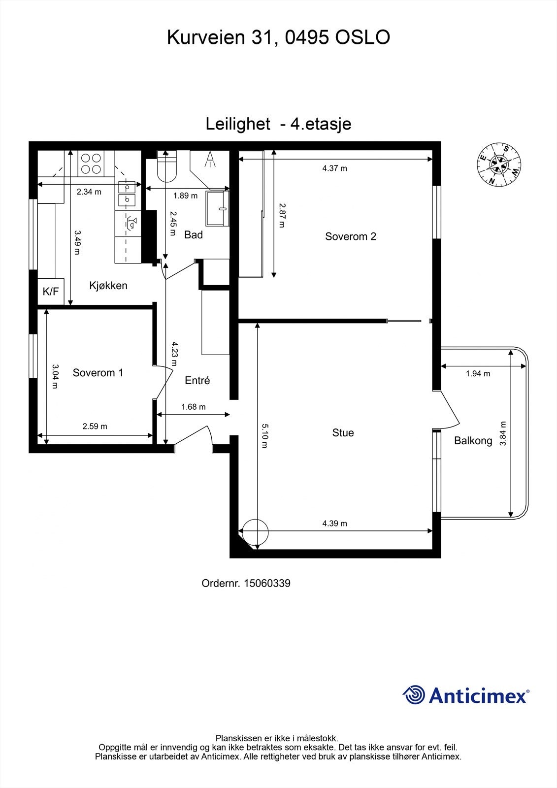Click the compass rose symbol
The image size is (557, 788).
pyautogui.click(x=499, y=164)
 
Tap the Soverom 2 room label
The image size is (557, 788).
pyautogui.click(x=351, y=236)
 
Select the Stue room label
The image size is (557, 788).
pyautogui.click(x=343, y=433)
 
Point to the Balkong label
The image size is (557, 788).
pyautogui.click(x=473, y=441)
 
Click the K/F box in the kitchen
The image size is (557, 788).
pyautogui.click(x=51, y=291)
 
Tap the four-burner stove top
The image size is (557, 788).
pyautogui.click(x=91, y=164)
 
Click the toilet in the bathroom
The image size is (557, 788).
pyautogui.click(x=166, y=166)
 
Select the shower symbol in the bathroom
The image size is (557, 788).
pyautogui.click(x=210, y=160)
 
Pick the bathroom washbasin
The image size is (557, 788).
pyautogui.click(x=218, y=208)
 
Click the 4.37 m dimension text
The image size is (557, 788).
pyautogui.click(x=334, y=168)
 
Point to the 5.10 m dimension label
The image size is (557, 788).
pyautogui.click(x=264, y=436)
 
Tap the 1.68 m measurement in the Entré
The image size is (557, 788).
pyautogui.click(x=193, y=407)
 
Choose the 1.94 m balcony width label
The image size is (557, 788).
pyautogui.click(x=478, y=374)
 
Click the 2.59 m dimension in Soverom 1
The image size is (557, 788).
pyautogui.click(x=95, y=427)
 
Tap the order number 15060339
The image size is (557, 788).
pyautogui.click(x=267, y=584)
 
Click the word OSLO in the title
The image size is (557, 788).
pyautogui.click(x=362, y=37)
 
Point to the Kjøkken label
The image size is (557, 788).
pyautogui.click(x=108, y=286)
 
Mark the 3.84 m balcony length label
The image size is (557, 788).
pyautogui.click(x=503, y=433)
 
